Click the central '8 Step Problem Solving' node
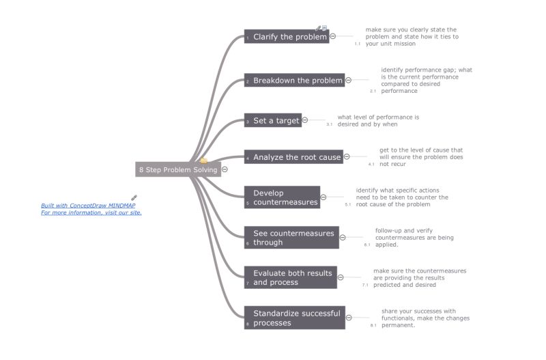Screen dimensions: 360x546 [x=177, y=169]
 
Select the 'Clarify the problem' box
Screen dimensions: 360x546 [x=287, y=37]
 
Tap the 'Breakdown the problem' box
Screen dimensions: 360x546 [x=294, y=81]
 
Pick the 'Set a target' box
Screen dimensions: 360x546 [x=273, y=120]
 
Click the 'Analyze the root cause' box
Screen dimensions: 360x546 [x=293, y=157]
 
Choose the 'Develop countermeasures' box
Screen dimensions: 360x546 [x=282, y=197]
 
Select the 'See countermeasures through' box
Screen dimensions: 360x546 [x=291, y=238]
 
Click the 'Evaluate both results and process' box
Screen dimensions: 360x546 [x=290, y=277]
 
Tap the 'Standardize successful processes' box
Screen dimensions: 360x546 [x=294, y=318]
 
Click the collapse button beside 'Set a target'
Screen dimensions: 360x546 [x=305, y=120]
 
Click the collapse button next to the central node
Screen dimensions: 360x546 [x=225, y=169]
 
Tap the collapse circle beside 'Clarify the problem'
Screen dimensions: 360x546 [x=333, y=36]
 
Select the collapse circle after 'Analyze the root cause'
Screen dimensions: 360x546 [x=347, y=157]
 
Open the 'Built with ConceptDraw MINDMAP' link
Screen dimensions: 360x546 [x=88, y=206]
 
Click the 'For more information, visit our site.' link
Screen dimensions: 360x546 [x=91, y=212]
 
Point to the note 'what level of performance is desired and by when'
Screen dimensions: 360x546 [x=378, y=120]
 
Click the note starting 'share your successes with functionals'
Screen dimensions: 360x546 [x=425, y=318]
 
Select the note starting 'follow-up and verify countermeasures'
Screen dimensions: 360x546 [x=414, y=237]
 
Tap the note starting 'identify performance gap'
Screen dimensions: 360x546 [x=426, y=80]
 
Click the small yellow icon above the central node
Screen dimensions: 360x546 [x=203, y=161]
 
